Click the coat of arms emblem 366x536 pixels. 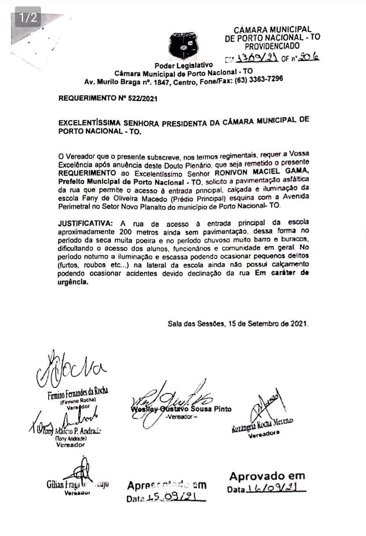coord(183,44)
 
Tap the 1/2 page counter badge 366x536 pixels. coord(28,17)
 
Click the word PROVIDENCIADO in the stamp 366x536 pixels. coord(272,46)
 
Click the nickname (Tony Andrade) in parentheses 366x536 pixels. coord(71,438)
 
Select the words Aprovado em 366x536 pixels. coord(267,476)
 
